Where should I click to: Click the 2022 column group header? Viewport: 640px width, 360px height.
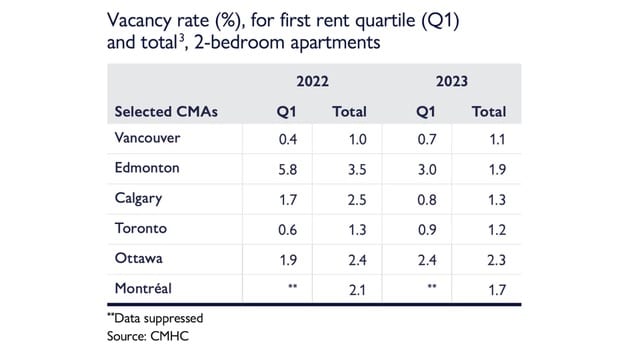(x=311, y=81)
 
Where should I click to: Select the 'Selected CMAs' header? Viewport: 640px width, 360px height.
(x=166, y=111)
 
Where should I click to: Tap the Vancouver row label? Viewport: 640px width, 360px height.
(x=151, y=138)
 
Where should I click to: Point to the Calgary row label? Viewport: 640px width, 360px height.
(x=139, y=198)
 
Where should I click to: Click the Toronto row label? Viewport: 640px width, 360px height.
(x=141, y=228)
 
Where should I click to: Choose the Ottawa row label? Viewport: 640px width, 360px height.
(x=139, y=258)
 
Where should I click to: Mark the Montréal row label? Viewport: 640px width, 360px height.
(x=144, y=288)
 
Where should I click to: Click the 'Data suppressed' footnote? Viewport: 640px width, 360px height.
(x=160, y=318)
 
